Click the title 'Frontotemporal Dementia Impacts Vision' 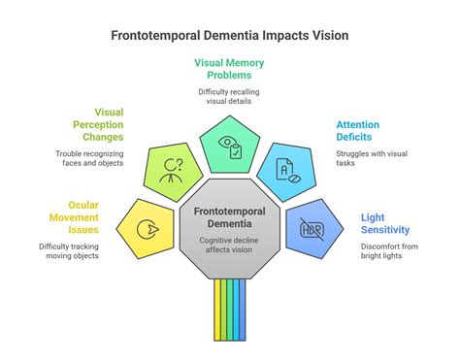click(229, 35)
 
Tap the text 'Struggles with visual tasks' click(361, 157)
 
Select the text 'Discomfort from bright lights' click(394, 250)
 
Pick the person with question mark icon click(173, 167)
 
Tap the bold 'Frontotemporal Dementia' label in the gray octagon click(230, 218)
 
